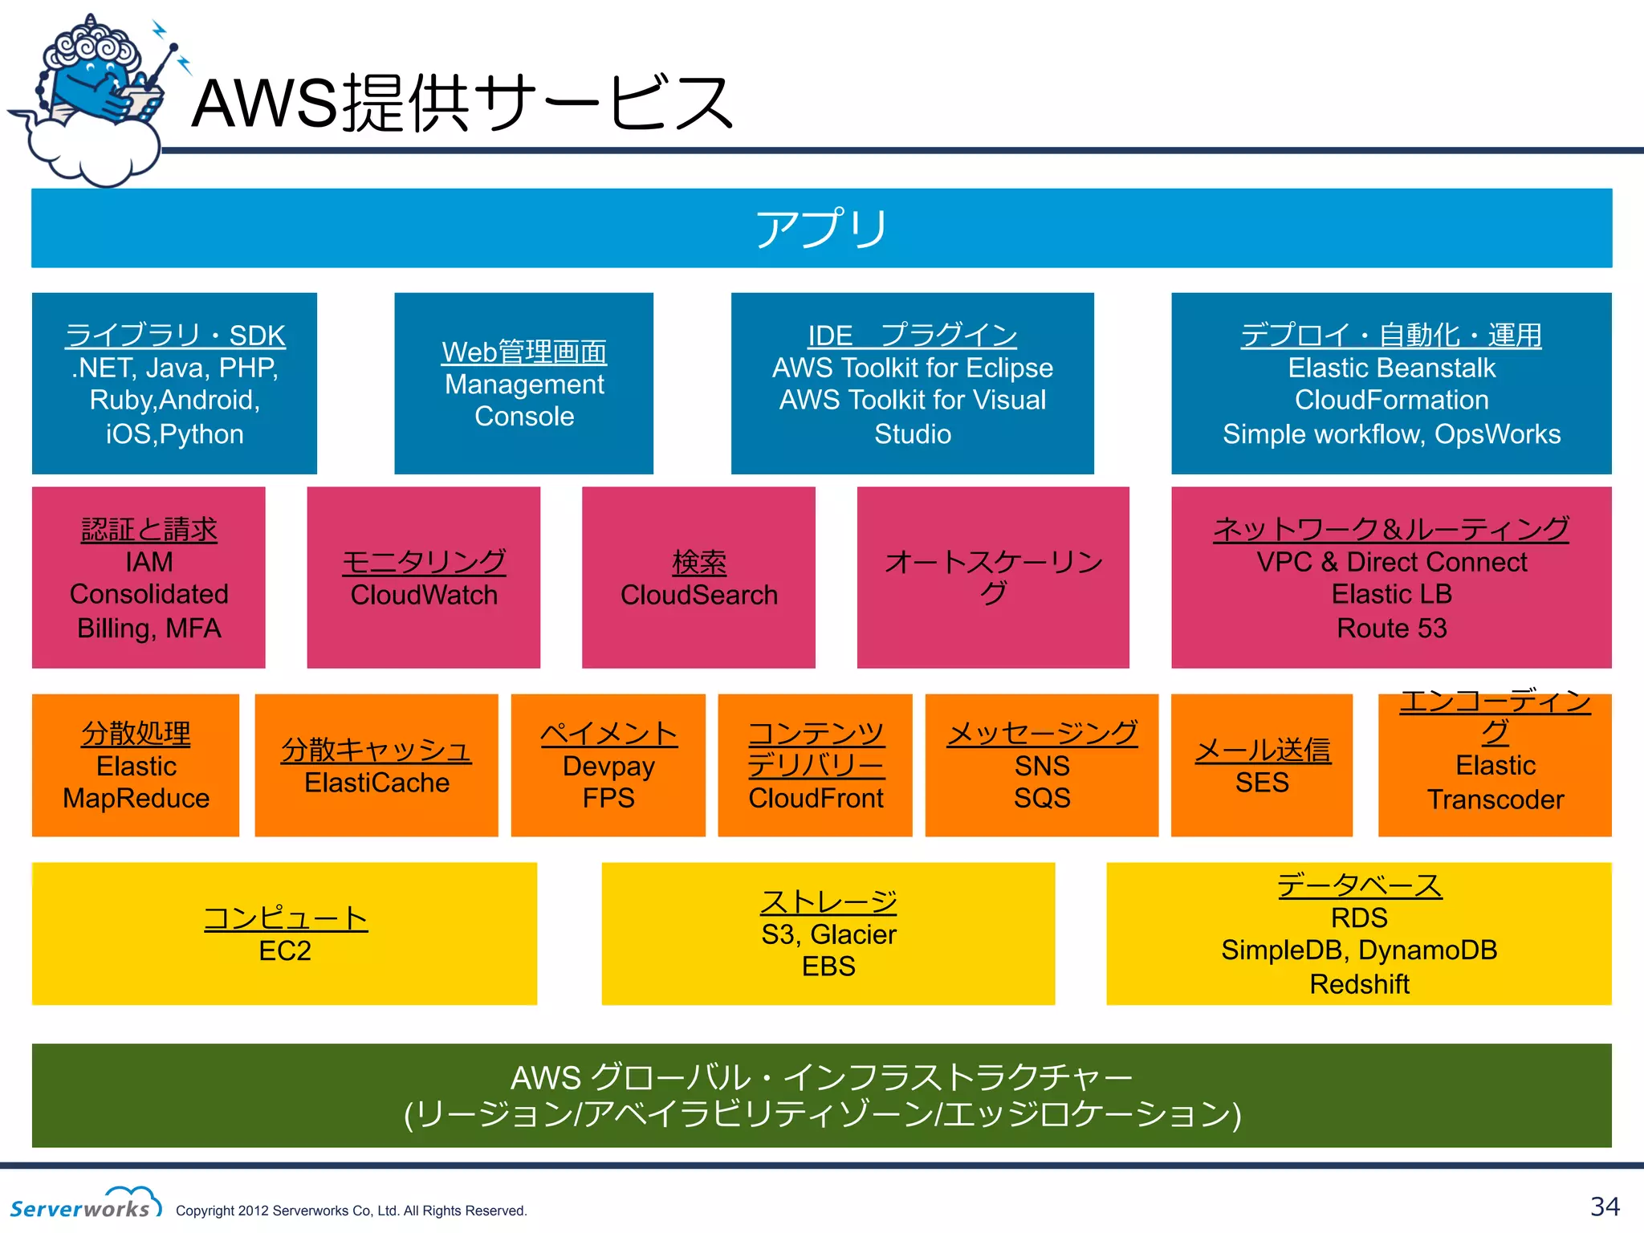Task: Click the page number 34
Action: coord(1604,1206)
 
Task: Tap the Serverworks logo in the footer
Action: coord(85,1203)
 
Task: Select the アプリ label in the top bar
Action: coord(821,229)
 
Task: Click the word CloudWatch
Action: coord(424,595)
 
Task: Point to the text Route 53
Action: coord(1391,628)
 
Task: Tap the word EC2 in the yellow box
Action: coord(285,950)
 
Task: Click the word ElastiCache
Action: coord(376,783)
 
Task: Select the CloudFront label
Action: coord(816,798)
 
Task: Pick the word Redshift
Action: coord(1359,983)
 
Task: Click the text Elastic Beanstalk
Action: coord(1391,368)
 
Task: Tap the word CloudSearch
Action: coord(698,595)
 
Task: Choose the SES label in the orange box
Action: coord(1262,782)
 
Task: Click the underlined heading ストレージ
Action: coord(828,902)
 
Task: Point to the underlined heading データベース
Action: coord(1359,885)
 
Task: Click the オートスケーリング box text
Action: coord(993,576)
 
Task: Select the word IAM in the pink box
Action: coord(149,562)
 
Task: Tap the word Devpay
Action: coord(608,766)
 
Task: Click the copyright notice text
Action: coord(351,1211)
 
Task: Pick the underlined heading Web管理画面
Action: coord(524,352)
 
